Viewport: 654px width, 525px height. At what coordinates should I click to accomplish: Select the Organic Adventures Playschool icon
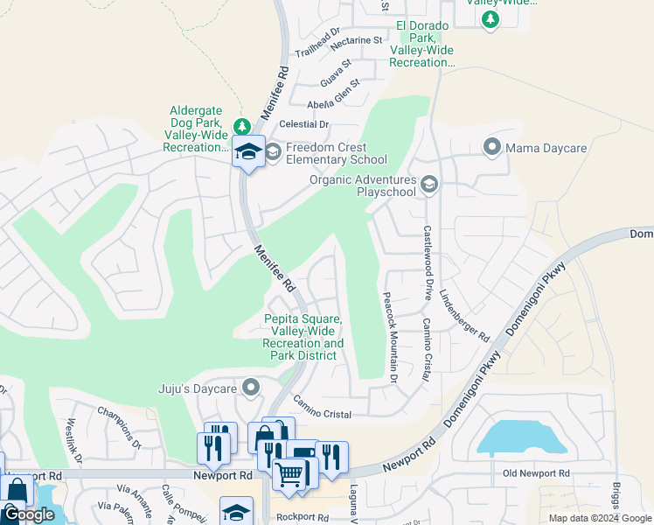(429, 184)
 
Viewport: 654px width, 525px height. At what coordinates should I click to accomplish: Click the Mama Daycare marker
(493, 148)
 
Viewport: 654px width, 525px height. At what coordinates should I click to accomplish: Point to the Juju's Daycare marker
(252, 386)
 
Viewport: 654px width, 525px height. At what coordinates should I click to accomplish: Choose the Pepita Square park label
(303, 337)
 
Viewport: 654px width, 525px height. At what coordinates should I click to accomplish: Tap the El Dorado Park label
(422, 44)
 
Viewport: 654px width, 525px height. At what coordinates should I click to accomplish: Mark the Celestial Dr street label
(307, 124)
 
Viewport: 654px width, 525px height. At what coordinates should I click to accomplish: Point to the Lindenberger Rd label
(464, 314)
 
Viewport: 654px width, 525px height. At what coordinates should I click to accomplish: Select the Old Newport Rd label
(536, 473)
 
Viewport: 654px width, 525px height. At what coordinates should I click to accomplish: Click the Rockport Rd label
(299, 517)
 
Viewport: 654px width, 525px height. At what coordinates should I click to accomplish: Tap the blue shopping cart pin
(289, 476)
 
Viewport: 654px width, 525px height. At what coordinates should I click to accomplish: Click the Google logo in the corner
(30, 514)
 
